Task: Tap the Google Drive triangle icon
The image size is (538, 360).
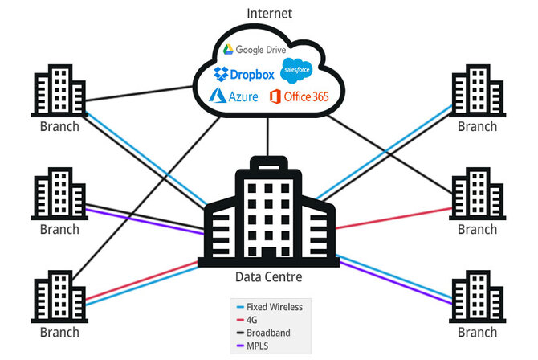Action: [228, 50]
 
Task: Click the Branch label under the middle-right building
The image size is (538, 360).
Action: [477, 229]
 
